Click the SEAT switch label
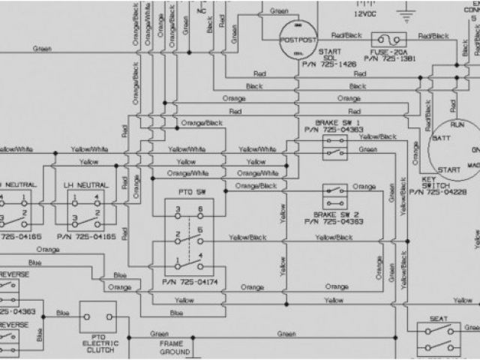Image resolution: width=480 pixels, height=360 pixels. (439, 317)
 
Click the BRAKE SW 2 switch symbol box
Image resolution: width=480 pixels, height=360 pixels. (334, 196)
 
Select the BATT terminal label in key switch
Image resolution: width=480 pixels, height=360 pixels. (441, 139)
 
